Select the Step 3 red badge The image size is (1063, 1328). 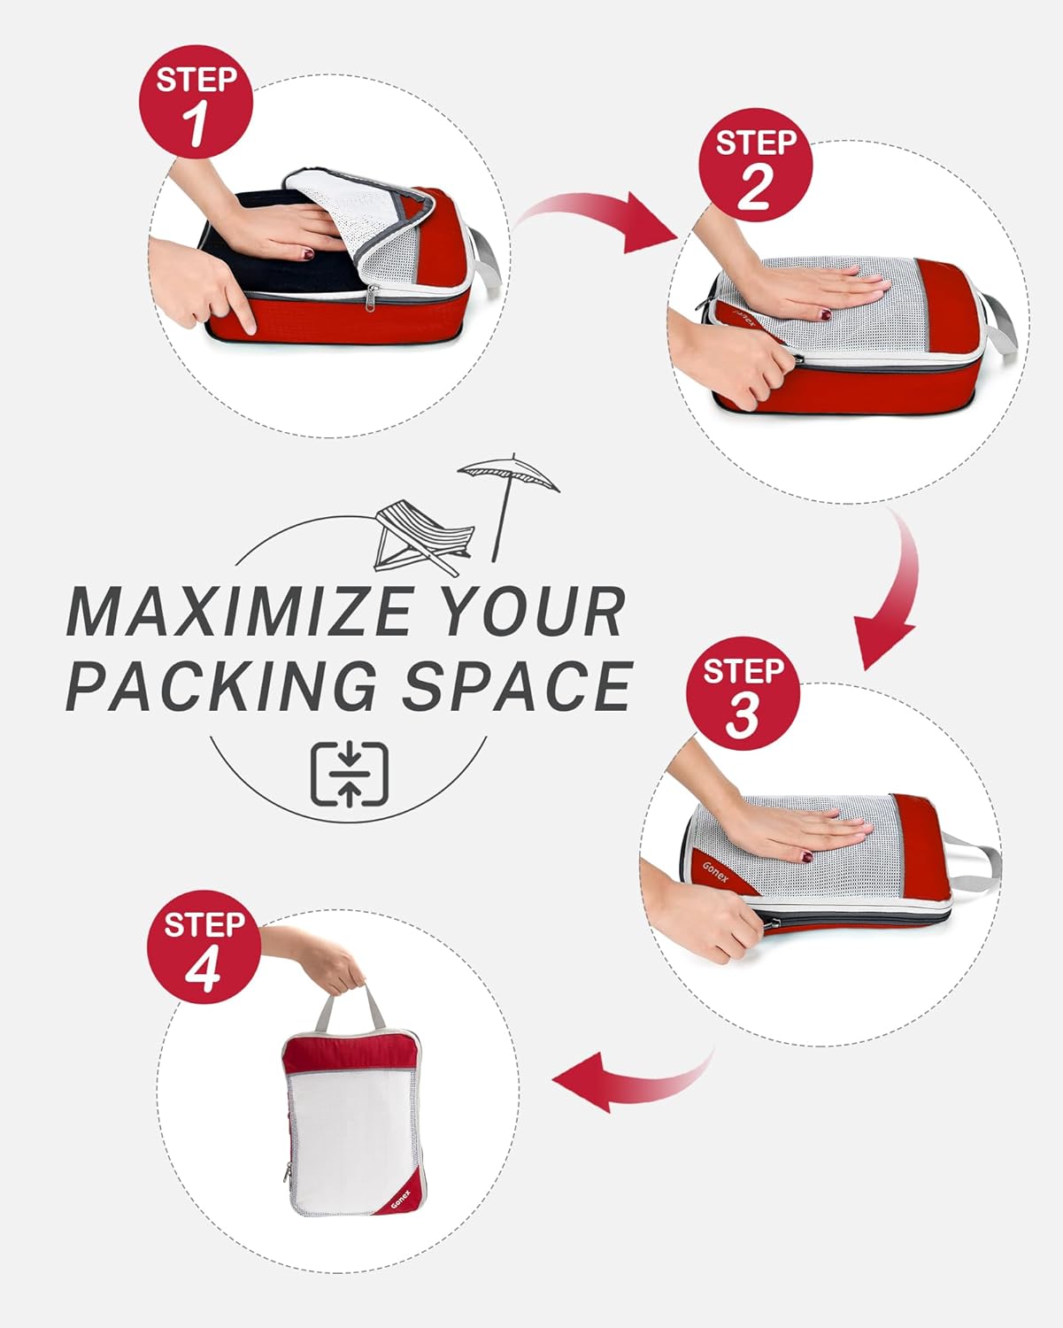(x=743, y=695)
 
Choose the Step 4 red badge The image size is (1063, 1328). (x=204, y=948)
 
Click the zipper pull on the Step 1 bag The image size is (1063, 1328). (x=374, y=296)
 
